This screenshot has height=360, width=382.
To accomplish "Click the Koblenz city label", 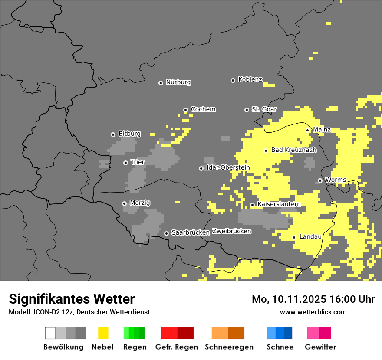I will click(250, 80).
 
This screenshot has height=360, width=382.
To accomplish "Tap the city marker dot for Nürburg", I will click(161, 83).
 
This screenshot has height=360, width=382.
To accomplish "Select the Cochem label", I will click(203, 109).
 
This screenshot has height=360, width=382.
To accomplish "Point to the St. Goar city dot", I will click(247, 110).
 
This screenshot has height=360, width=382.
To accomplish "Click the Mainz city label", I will click(322, 130).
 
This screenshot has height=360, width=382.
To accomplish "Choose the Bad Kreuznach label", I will click(293, 150).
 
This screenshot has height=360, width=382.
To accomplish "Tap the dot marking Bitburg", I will click(113, 134).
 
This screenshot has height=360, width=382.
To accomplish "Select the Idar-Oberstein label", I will click(228, 168).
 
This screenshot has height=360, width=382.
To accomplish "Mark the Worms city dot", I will click(320, 180).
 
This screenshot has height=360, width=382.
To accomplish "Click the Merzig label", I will click(140, 203).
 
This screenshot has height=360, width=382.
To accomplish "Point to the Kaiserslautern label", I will click(279, 204).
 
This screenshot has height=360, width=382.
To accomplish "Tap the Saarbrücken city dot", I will click(166, 233).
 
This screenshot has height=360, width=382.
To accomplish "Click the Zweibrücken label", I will click(231, 232).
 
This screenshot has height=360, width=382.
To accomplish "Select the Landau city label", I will click(310, 237).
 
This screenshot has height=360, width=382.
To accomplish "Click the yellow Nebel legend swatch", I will click(103, 333).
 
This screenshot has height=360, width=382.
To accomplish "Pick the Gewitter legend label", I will click(320, 347).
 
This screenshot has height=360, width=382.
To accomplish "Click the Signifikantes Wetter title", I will click(72, 299).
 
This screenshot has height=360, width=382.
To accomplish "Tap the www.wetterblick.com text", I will click(313, 312).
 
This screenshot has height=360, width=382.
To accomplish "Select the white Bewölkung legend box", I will click(50, 333).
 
